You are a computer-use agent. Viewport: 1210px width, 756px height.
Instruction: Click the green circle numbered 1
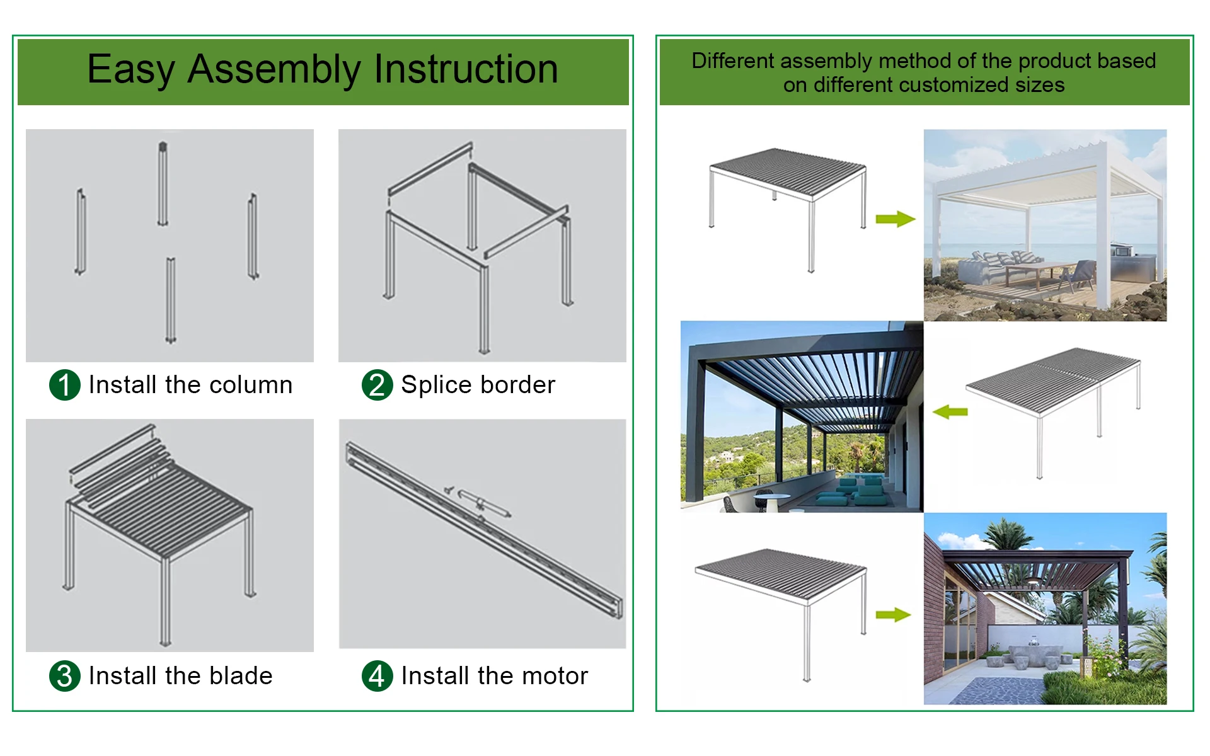[x=64, y=385]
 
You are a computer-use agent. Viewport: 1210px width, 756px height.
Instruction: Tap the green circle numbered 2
[x=377, y=385]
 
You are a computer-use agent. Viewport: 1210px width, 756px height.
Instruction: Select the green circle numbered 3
[x=64, y=676]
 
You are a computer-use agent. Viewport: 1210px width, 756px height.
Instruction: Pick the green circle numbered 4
[x=377, y=676]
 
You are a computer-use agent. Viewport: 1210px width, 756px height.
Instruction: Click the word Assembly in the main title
[x=274, y=70]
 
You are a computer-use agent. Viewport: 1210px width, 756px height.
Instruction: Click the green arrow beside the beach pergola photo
[x=895, y=219]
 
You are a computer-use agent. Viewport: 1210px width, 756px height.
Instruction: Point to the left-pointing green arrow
[x=950, y=412]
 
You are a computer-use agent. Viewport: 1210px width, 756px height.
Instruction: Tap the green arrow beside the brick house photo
[x=893, y=615]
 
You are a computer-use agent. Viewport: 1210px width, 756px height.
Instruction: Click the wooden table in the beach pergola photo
[x=1034, y=271]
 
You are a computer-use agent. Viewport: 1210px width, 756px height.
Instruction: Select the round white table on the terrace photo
[x=771, y=498]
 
